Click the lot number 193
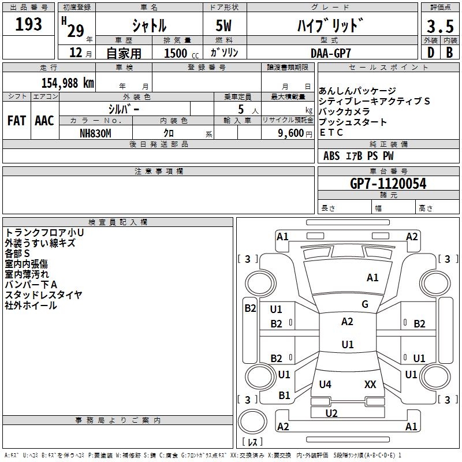tap(29, 24)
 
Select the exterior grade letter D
tap(430, 52)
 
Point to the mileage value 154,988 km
tap(68, 83)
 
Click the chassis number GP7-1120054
tap(388, 184)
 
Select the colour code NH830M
tap(95, 133)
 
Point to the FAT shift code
tap(16, 121)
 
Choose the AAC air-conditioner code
tap(44, 121)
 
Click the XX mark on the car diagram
tap(370, 384)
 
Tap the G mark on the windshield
tap(365, 304)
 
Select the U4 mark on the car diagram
tap(325, 384)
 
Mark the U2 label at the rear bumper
tap(331, 413)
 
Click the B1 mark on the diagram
tap(284, 396)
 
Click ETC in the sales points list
tap(331, 132)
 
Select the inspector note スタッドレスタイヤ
tap(43, 295)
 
